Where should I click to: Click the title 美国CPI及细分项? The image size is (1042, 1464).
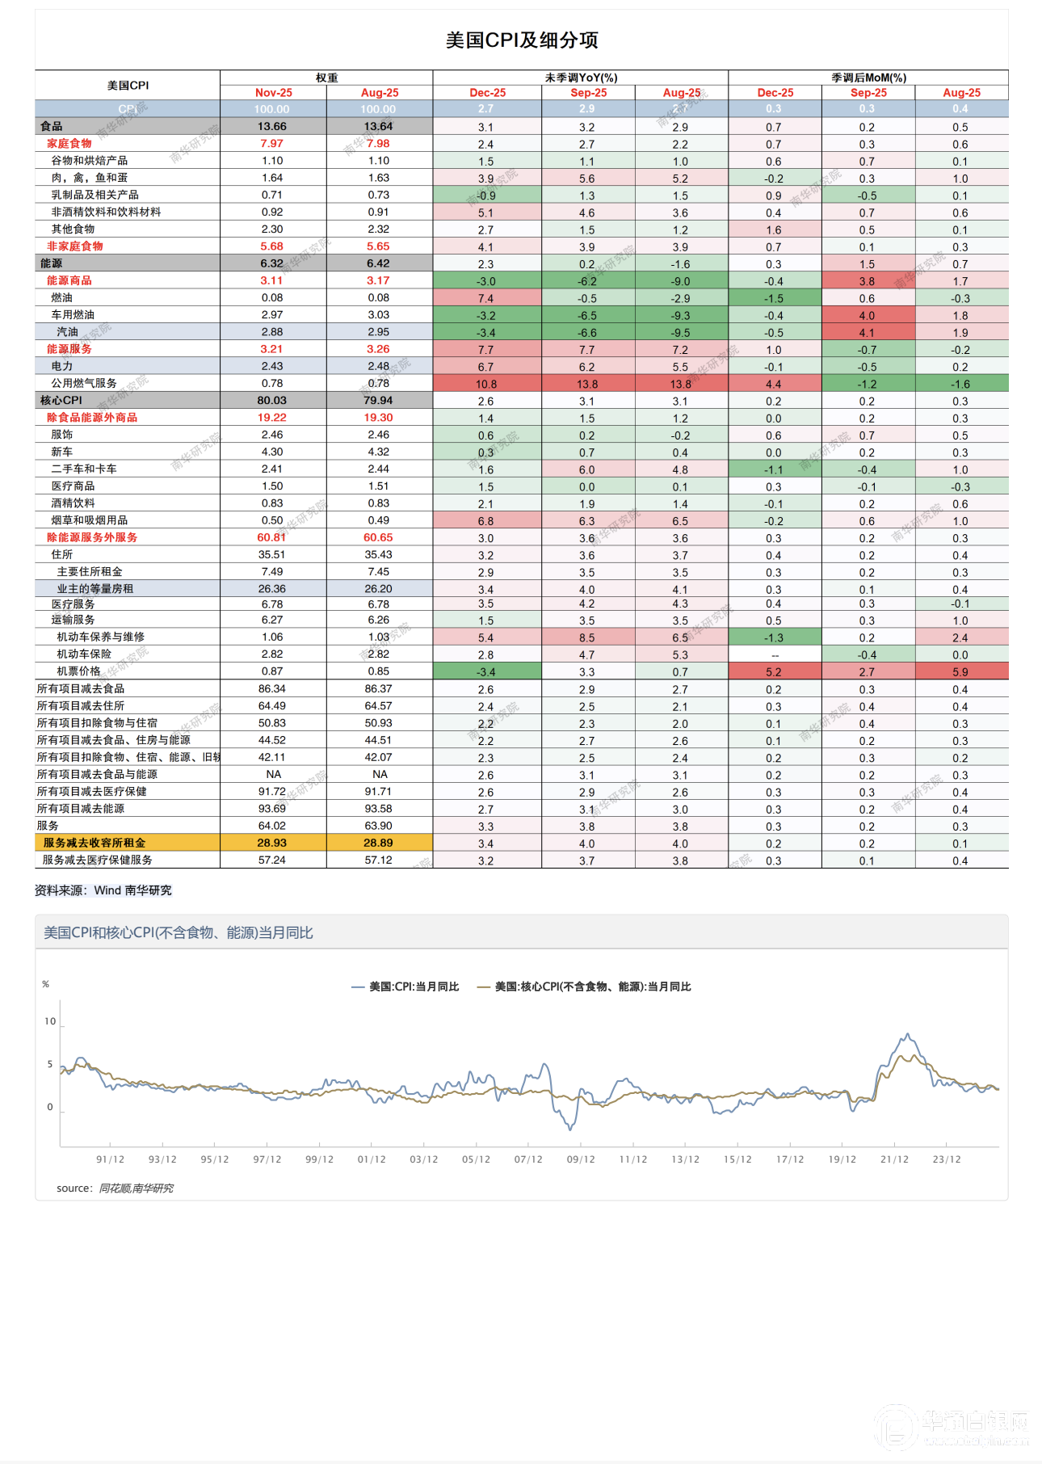pyautogui.click(x=522, y=40)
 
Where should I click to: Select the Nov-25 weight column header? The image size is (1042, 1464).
pyautogui.click(x=273, y=93)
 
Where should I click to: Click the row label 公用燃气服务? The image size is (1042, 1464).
pyautogui.click(x=84, y=383)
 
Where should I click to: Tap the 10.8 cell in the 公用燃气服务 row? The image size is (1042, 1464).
pyautogui.click(x=486, y=385)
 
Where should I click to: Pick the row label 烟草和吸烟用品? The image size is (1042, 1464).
pyautogui.click(x=89, y=520)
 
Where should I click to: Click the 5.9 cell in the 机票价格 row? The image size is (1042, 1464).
pyautogui.click(x=960, y=672)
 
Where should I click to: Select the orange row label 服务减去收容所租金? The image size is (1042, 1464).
pyautogui.click(x=95, y=843)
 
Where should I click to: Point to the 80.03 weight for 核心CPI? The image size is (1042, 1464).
pyautogui.click(x=272, y=401)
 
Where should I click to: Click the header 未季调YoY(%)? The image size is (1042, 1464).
pyautogui.click(x=581, y=78)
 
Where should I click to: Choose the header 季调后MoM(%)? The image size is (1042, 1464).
pyautogui.click(x=868, y=78)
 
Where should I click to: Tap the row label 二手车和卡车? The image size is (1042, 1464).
pyautogui.click(x=84, y=469)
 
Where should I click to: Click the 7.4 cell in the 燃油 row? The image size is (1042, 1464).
pyautogui.click(x=486, y=299)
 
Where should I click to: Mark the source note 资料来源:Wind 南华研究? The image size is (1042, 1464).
pyautogui.click(x=103, y=890)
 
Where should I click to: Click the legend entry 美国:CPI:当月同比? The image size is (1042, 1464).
pyautogui.click(x=405, y=987)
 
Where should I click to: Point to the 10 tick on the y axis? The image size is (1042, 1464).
pyautogui.click(x=50, y=1021)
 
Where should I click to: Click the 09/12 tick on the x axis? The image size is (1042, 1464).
pyautogui.click(x=581, y=1159)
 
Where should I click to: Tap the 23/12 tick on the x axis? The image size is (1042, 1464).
pyautogui.click(x=947, y=1159)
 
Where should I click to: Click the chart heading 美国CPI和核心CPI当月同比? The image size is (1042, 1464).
pyautogui.click(x=179, y=933)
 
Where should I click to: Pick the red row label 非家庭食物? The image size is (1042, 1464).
pyautogui.click(x=75, y=246)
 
